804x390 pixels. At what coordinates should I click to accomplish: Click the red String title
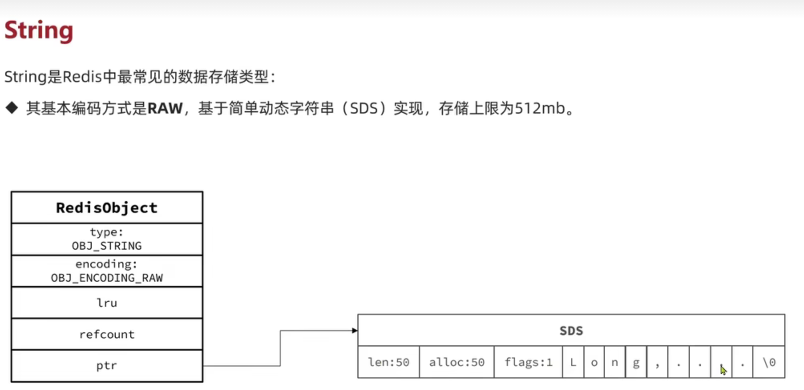tap(39, 31)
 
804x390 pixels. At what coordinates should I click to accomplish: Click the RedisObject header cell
tap(107, 208)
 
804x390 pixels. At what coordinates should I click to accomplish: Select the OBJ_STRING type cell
tap(107, 239)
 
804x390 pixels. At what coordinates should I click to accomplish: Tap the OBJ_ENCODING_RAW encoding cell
tap(107, 271)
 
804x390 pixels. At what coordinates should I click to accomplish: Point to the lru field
tap(107, 303)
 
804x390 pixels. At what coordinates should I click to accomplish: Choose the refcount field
tap(107, 334)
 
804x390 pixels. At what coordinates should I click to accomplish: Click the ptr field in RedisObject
tap(107, 366)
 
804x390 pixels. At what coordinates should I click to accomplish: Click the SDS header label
tap(571, 331)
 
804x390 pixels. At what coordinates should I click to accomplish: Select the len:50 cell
tap(388, 362)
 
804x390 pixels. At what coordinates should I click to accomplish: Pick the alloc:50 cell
tap(457, 362)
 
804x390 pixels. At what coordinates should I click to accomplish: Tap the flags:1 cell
tap(528, 362)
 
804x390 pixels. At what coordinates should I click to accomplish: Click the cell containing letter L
tap(573, 362)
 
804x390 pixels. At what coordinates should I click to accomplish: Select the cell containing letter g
tap(636, 362)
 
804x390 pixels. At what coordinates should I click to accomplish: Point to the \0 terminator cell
tap(769, 362)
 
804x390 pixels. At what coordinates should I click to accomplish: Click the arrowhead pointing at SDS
tap(355, 330)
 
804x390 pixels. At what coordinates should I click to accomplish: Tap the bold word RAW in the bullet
tap(165, 109)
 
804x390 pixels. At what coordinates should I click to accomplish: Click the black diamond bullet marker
tap(12, 108)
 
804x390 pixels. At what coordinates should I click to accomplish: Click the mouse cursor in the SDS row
tap(723, 370)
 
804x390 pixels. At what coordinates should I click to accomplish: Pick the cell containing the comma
tap(657, 362)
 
